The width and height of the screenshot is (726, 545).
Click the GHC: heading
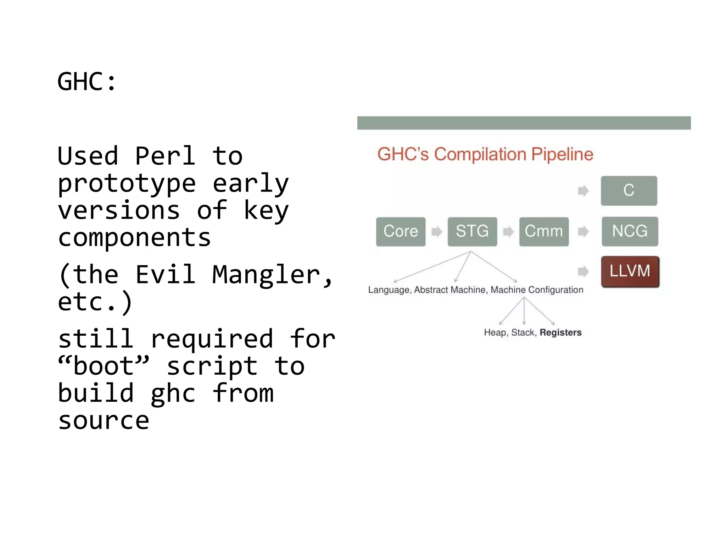[x=87, y=82]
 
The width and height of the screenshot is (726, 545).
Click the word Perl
[x=165, y=156]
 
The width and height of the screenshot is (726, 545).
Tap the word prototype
[x=127, y=183]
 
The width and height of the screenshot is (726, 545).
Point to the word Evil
[x=165, y=275]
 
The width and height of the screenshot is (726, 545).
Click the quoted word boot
[x=104, y=366]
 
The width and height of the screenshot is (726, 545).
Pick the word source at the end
[x=104, y=421]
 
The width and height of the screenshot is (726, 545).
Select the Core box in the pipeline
[x=401, y=232]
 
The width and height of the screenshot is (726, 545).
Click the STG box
[x=472, y=232]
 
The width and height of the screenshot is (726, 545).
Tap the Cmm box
[x=544, y=232]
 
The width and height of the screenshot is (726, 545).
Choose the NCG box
[x=630, y=231]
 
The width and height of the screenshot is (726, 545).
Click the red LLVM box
[x=630, y=271]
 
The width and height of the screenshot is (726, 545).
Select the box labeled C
[x=629, y=191]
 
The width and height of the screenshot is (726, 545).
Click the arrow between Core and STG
[x=437, y=232]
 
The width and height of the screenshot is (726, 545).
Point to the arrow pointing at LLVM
[x=583, y=272]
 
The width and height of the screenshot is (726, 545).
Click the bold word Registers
[x=560, y=332]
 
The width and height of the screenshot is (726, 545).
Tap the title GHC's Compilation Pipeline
[x=485, y=154]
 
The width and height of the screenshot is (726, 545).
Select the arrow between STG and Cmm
[x=508, y=232]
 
